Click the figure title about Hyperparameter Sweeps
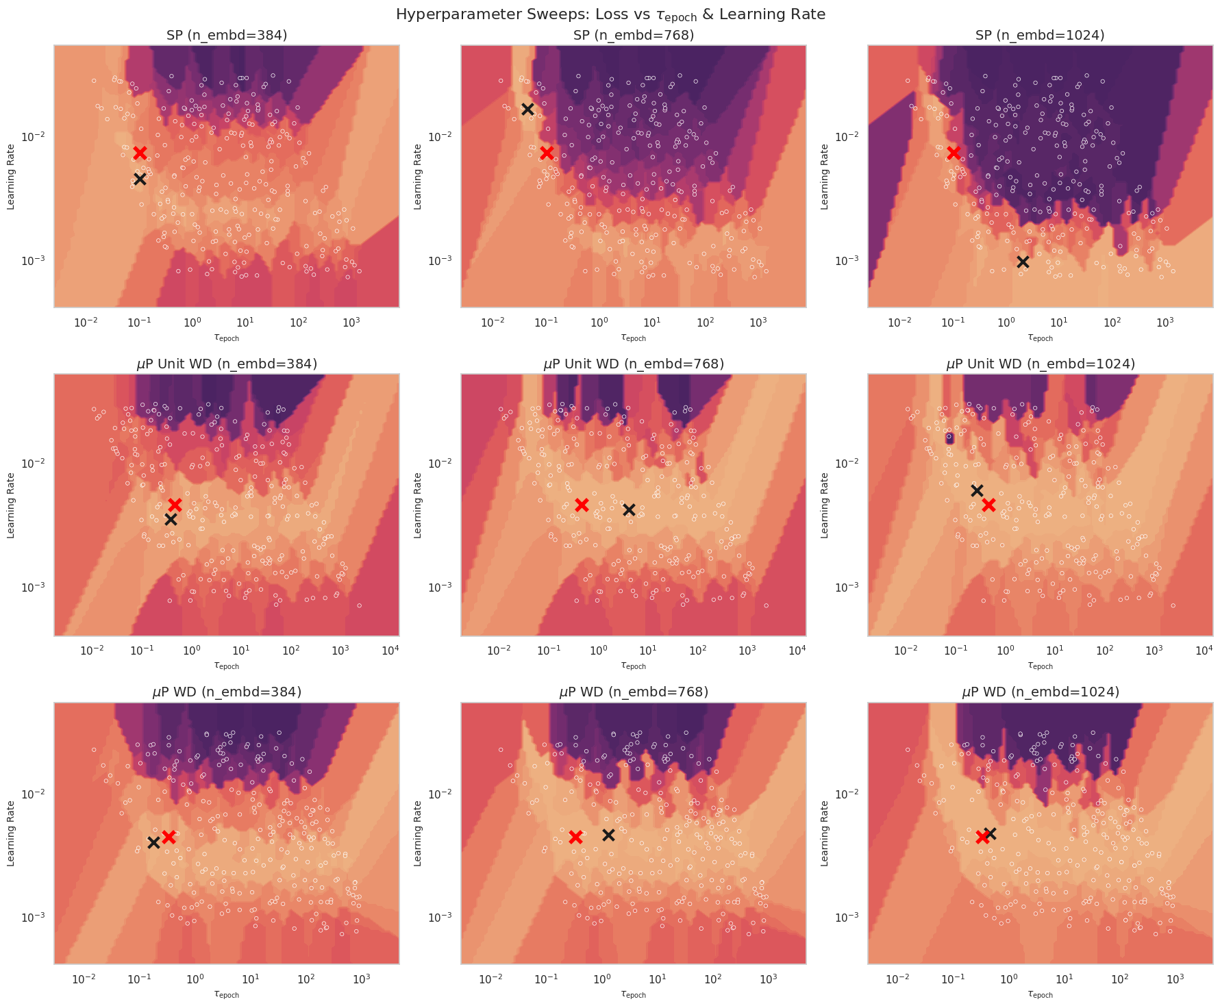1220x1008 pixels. pos(610,14)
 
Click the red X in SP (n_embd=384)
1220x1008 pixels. pos(140,153)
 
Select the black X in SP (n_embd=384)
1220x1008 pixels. pos(140,179)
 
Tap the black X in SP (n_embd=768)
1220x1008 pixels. pos(527,109)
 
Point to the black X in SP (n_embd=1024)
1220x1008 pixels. pos(1023,262)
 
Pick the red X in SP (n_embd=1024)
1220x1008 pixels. pos(954,152)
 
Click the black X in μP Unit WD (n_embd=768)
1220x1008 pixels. pos(629,509)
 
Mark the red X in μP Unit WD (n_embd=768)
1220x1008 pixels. pos(582,505)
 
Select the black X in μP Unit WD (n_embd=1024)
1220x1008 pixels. pos(977,490)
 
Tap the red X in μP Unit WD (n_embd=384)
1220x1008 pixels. pos(175,505)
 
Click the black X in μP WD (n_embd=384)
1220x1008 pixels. pos(153,842)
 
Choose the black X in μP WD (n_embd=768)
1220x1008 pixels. pos(608,835)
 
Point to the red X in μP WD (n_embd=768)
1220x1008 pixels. pos(575,837)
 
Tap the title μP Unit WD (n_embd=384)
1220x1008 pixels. pos(227,364)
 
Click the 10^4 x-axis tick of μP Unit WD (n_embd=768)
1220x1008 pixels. pos(797,649)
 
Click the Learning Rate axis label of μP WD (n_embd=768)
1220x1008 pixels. pos(418,833)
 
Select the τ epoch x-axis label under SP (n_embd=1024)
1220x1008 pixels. pos(1040,338)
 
